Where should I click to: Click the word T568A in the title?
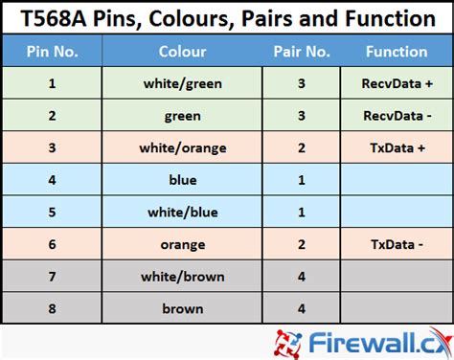point(54,18)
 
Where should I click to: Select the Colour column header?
point(182,52)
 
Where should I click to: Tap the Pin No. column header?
point(52,52)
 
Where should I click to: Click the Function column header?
point(397,52)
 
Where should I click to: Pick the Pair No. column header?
point(302,52)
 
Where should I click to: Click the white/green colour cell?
point(182,84)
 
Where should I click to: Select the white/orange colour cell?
point(182,148)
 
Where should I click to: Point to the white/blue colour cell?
point(182,213)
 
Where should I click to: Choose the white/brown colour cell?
point(182,277)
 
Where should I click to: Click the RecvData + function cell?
point(397,84)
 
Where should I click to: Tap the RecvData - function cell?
point(397,116)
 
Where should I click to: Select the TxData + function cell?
point(397,148)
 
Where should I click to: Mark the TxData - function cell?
point(397,245)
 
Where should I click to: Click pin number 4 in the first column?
point(52,180)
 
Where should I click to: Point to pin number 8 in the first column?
point(52,309)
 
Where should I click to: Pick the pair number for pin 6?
point(302,245)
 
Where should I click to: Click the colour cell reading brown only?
point(182,309)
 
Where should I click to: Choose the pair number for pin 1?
point(302,84)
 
